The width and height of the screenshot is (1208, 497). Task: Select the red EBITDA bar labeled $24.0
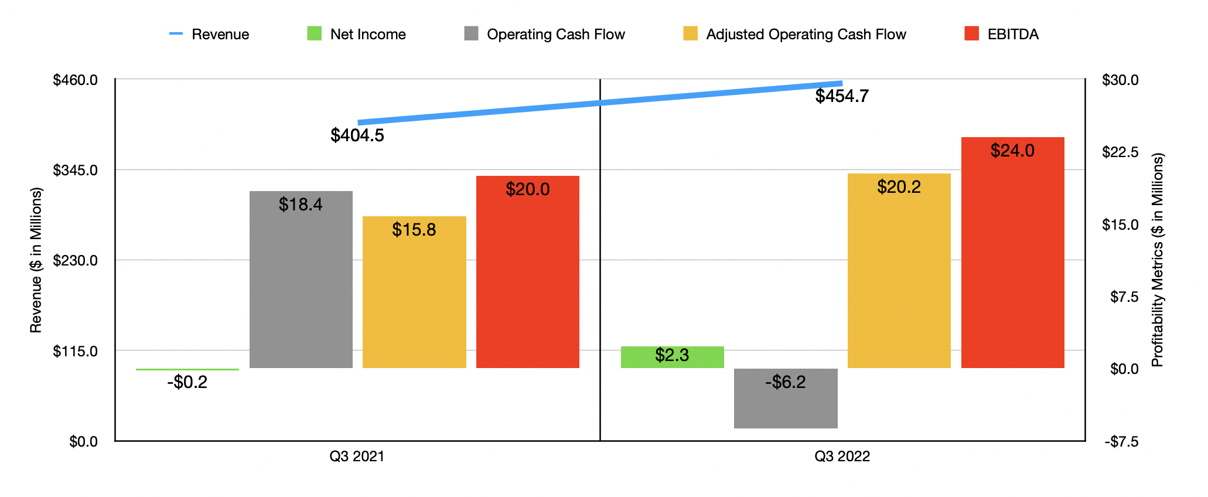(1012, 253)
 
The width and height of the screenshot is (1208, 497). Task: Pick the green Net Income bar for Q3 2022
(672, 357)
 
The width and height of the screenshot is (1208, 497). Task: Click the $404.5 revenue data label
(357, 135)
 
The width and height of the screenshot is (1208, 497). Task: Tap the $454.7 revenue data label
(842, 96)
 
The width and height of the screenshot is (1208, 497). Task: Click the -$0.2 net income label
(187, 383)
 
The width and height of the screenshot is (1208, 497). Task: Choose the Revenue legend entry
(209, 34)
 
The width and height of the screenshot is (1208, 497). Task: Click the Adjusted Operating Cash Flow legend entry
(794, 34)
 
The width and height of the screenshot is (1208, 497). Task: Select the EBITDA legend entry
(1001, 34)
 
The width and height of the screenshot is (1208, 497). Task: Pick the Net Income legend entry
(356, 34)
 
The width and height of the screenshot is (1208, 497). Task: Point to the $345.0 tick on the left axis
(75, 171)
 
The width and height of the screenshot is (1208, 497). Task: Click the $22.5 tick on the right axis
(1120, 152)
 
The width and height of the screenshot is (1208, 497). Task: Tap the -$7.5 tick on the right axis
(1121, 441)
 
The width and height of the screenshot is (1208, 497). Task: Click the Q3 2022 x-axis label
(842, 456)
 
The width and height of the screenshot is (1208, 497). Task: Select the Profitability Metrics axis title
(1157, 260)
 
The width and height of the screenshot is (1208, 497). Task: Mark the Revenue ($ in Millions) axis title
(36, 260)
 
